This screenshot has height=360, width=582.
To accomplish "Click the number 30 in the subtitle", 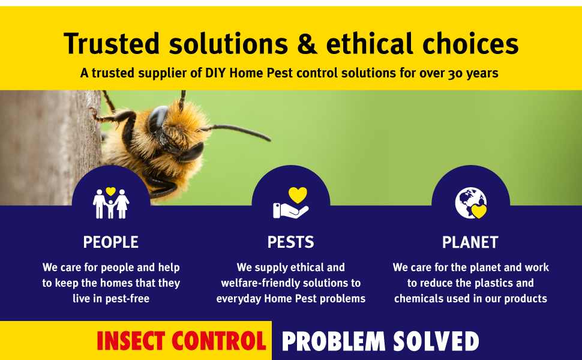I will click(455, 74).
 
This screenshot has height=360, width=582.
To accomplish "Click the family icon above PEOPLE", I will click(110, 203).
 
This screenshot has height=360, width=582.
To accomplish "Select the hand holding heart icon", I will click(290, 203).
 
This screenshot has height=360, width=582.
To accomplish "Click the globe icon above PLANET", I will click(469, 203).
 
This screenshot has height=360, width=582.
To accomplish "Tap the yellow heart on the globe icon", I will click(478, 211).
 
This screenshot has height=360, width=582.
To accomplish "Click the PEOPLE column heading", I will click(110, 242).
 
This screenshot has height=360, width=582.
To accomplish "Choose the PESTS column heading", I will click(290, 242).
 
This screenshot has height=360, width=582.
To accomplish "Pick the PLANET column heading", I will click(470, 242).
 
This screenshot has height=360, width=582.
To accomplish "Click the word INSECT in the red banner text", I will click(131, 341).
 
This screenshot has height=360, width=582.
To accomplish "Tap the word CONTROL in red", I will click(218, 341).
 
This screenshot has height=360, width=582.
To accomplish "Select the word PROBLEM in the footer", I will click(334, 341).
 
